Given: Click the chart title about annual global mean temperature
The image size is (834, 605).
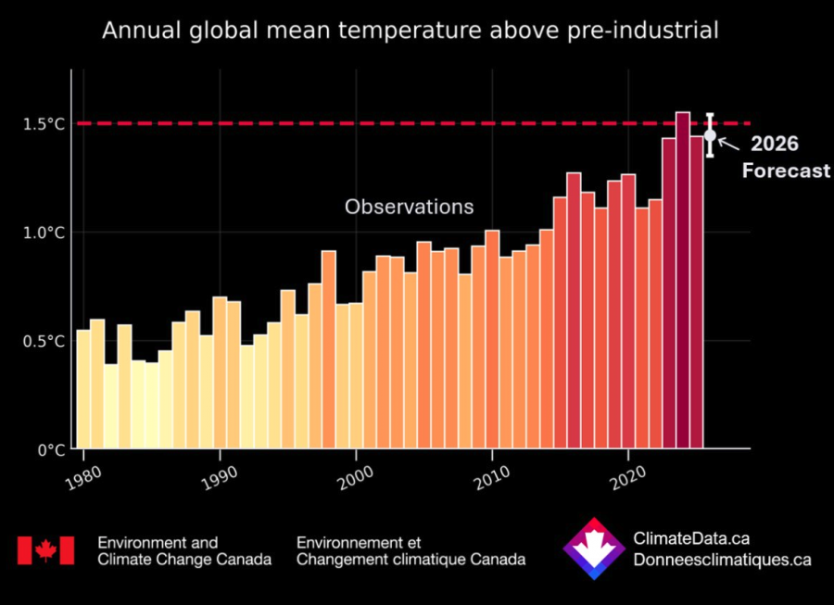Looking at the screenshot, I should click(x=410, y=31).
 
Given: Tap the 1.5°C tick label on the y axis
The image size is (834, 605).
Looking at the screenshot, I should click(x=44, y=123).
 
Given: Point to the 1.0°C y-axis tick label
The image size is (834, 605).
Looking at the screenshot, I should click(x=44, y=233).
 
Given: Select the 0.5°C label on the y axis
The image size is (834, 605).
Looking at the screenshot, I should click(x=44, y=341).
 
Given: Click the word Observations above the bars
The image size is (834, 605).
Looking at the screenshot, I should click(x=409, y=207).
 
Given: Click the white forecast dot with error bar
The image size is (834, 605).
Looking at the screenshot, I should click(x=710, y=135).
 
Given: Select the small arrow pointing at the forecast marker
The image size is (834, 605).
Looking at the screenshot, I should click(x=728, y=143).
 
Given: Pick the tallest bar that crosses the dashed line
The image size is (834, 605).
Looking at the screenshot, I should click(x=683, y=278).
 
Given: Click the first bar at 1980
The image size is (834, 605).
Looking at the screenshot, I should click(x=83, y=389).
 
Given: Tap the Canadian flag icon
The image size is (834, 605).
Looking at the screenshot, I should click(x=44, y=551).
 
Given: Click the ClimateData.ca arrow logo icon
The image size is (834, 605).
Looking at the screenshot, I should click(x=594, y=549).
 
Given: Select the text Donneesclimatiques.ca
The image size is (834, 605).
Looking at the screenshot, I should click(x=722, y=560).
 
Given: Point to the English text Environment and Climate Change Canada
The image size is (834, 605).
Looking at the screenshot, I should click(x=184, y=551).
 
